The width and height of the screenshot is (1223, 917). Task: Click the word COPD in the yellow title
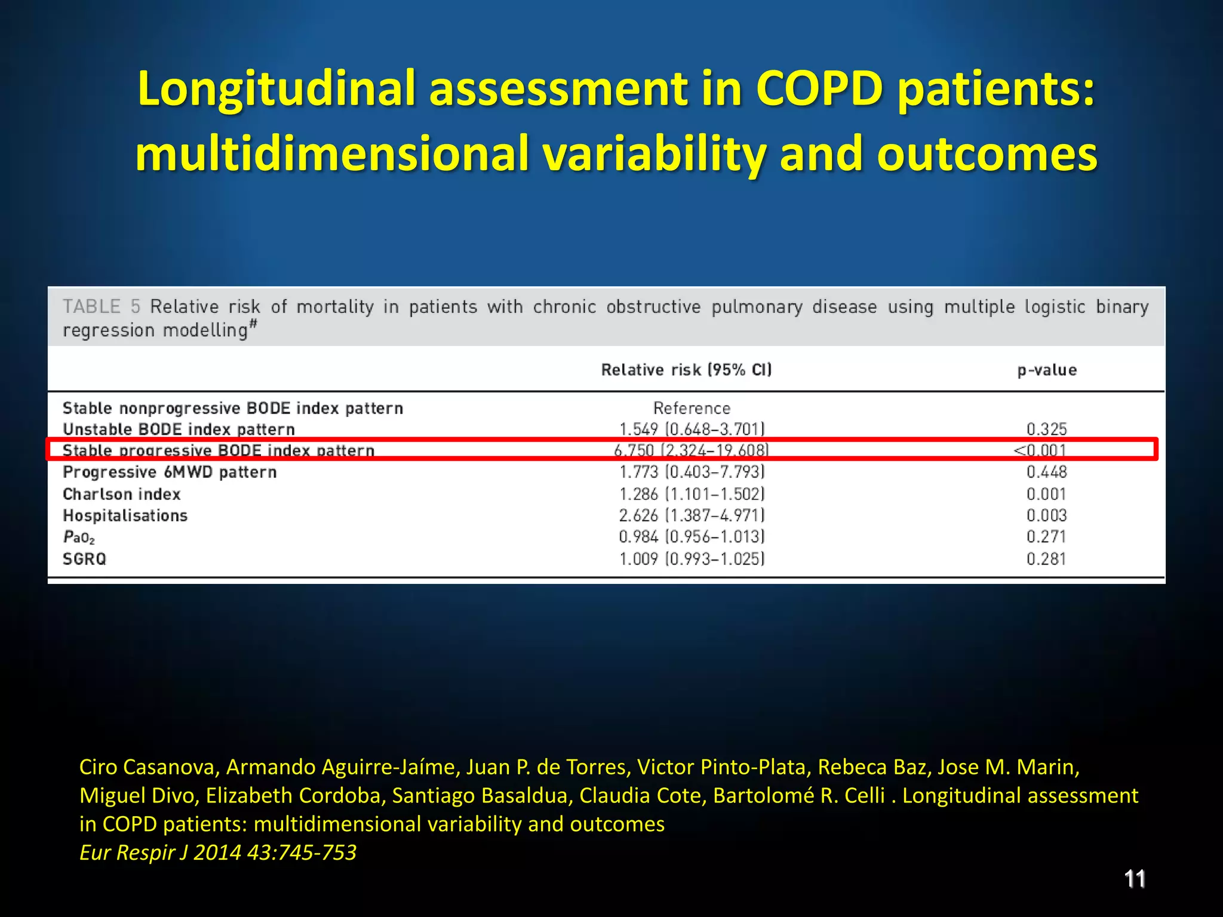point(819,88)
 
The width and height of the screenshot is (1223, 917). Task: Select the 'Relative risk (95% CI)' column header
point(686,370)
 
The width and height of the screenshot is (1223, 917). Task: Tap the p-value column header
point(1047,370)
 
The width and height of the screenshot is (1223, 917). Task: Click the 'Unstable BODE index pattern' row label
point(179,429)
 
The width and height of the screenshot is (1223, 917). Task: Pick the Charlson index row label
point(122,494)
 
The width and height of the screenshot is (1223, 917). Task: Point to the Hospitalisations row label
point(125,516)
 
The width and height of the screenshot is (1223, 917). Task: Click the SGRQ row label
point(84,559)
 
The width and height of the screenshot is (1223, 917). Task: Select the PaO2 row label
point(79,537)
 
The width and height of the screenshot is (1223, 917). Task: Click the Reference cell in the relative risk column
point(692,408)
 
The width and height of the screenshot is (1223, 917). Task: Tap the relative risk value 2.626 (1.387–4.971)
point(692,515)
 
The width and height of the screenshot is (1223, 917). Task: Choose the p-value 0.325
point(1046,429)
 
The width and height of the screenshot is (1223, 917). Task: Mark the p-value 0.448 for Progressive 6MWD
point(1046,472)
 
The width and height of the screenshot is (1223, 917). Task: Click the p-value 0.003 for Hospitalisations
point(1046,515)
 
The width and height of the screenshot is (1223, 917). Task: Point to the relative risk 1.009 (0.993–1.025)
point(692,559)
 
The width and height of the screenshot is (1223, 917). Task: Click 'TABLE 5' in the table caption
point(102,307)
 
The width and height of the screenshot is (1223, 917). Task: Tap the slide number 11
point(1135,879)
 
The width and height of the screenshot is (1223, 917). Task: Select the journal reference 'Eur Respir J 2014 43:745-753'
point(218,852)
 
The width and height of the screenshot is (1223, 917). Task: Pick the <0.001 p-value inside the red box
point(1040,450)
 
